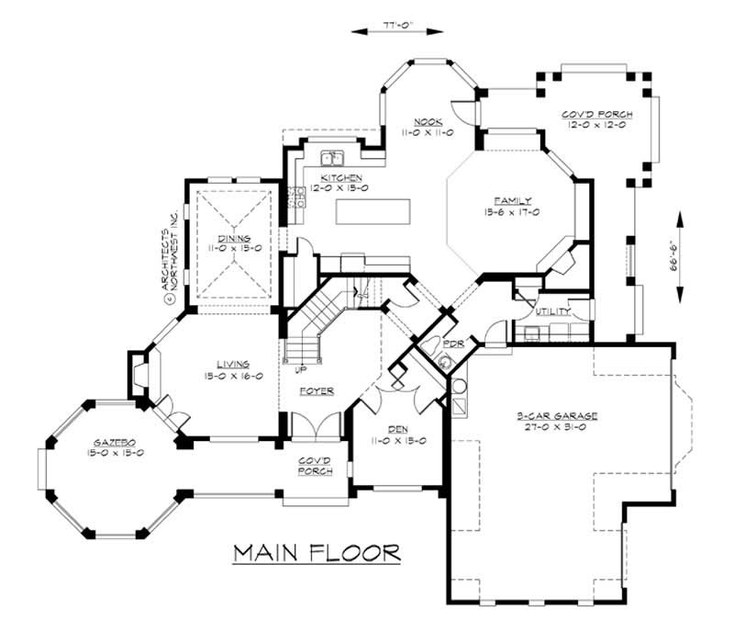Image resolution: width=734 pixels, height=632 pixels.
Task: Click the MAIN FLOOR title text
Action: tap(317, 553)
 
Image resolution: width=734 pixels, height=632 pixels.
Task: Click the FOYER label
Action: tap(317, 391)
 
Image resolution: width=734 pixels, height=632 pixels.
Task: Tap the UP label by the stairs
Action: tap(300, 371)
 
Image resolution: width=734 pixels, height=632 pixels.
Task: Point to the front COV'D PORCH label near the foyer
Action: tap(316, 466)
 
